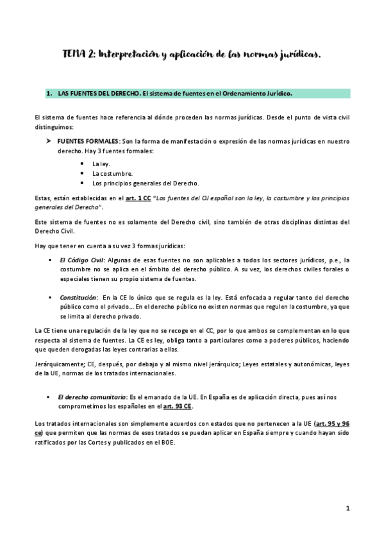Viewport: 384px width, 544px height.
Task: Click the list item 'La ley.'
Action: click(x=101, y=164)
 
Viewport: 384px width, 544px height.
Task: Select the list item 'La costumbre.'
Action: click(x=112, y=173)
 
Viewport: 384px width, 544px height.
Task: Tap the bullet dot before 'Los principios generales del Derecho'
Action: click(x=83, y=183)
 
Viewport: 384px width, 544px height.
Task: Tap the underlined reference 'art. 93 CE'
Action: click(x=178, y=407)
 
